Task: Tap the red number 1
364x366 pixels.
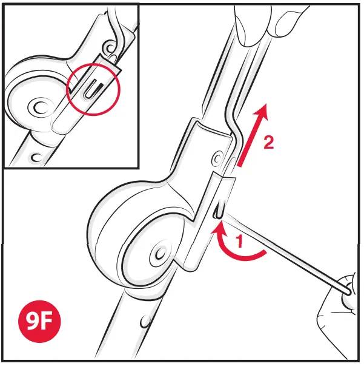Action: tap(239, 241)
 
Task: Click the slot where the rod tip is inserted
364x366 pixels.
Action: tap(218, 210)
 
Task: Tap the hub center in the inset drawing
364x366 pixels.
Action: tap(40, 109)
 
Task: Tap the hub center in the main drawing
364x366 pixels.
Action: tap(160, 252)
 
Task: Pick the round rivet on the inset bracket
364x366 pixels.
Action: tap(110, 47)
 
